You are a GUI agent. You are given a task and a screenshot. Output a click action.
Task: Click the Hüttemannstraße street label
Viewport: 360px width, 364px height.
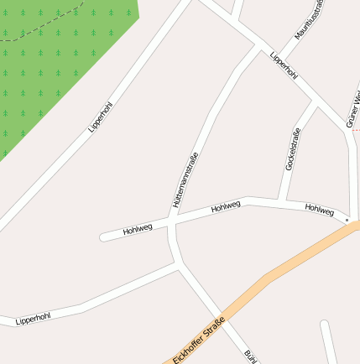click(184, 179)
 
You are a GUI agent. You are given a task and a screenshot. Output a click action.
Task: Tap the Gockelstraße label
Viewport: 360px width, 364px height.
click(292, 149)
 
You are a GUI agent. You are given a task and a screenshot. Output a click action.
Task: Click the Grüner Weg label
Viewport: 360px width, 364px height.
click(353, 110)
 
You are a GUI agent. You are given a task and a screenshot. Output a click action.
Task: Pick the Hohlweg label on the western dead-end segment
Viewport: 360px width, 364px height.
click(138, 229)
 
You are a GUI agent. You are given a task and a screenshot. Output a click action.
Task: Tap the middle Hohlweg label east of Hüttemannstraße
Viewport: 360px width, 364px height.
click(226, 205)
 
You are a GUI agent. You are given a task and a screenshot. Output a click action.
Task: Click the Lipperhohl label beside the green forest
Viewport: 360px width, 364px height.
click(101, 117)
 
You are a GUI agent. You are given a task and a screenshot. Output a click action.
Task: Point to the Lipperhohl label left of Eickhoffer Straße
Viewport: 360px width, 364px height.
click(33, 318)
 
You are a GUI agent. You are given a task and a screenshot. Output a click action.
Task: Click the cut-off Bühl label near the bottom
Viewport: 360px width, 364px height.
click(249, 356)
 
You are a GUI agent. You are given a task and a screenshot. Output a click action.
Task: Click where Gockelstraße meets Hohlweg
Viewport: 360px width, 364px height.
click(284, 200)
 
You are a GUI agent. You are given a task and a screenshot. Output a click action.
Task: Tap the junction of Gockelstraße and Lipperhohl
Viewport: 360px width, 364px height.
click(316, 103)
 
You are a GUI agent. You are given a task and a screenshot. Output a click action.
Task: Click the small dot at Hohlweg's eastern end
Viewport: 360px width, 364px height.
click(347, 220)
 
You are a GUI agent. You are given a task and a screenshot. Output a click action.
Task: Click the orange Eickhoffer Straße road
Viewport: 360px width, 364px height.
click(285, 268)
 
